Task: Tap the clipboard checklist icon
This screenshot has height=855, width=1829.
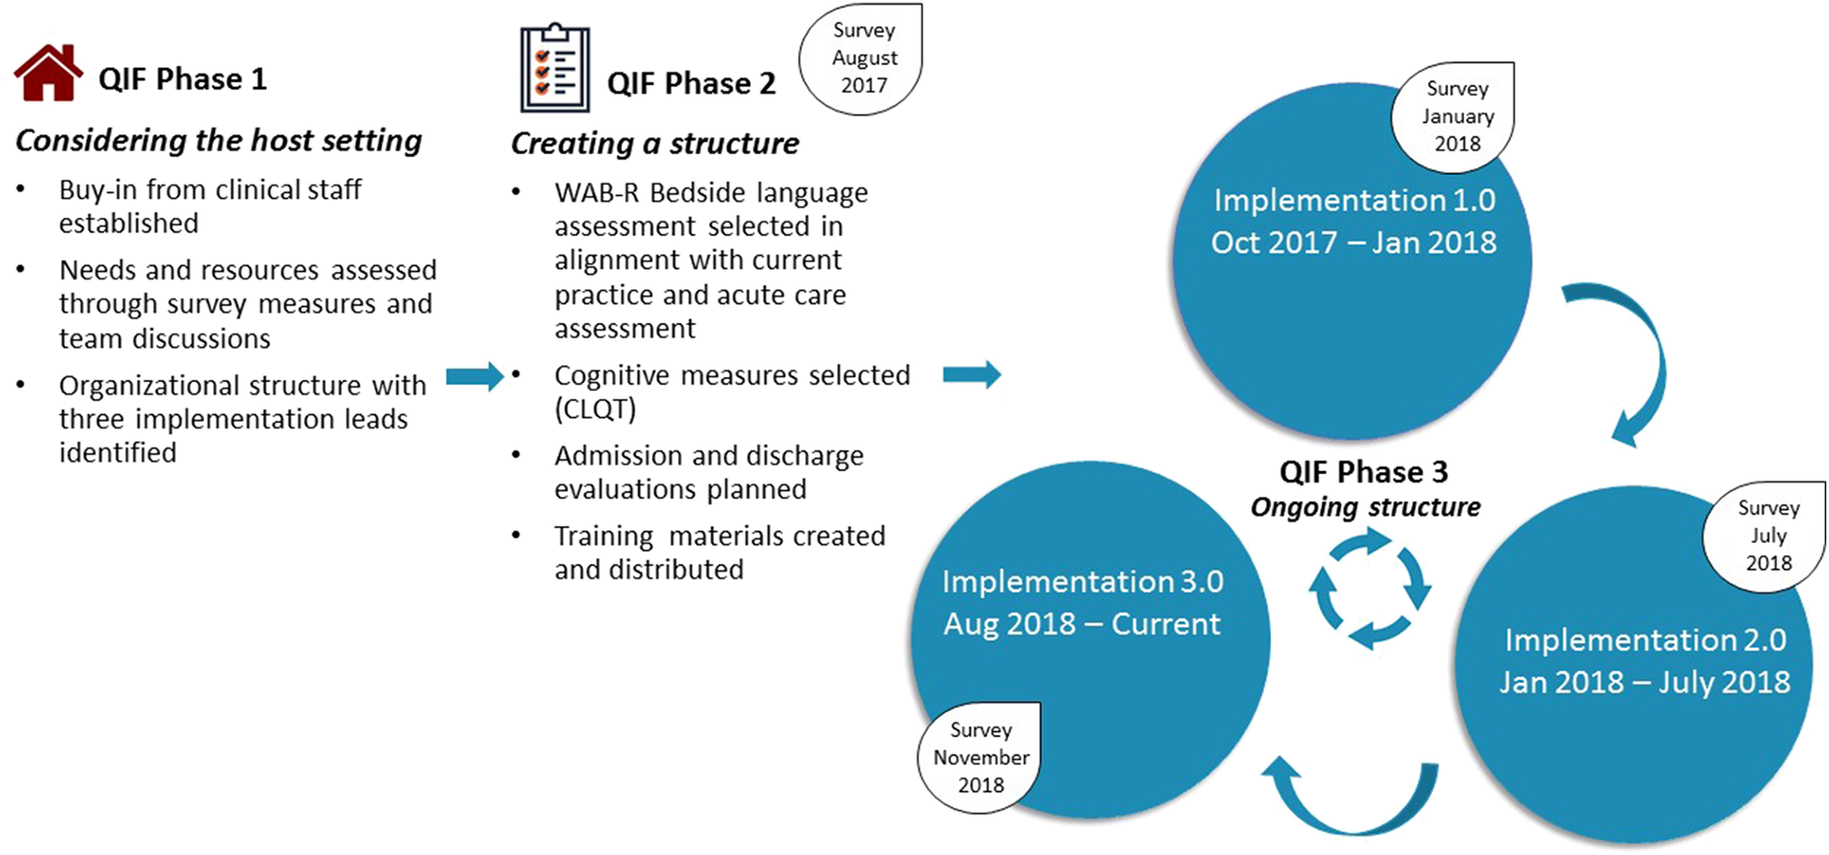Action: (555, 69)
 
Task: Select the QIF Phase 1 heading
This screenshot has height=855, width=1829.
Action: (182, 79)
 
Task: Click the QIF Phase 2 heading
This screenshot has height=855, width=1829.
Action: (691, 84)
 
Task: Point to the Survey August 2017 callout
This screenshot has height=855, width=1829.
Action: (862, 58)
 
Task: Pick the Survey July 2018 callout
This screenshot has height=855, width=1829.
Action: (1766, 536)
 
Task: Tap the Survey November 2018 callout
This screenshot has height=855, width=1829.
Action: (980, 757)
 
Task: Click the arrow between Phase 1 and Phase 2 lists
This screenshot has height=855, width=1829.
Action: (475, 375)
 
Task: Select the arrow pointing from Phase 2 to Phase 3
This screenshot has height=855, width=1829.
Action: (972, 374)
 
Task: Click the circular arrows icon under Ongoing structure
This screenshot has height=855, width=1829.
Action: (1368, 588)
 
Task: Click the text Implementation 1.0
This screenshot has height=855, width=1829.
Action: (1354, 200)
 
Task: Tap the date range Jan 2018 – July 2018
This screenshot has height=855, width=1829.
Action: (1644, 682)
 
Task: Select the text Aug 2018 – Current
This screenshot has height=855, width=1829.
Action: (1082, 624)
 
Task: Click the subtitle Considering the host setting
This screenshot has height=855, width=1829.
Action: (219, 141)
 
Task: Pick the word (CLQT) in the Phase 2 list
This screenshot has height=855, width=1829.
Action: (595, 409)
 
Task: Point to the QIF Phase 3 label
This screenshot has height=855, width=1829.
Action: (1363, 472)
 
